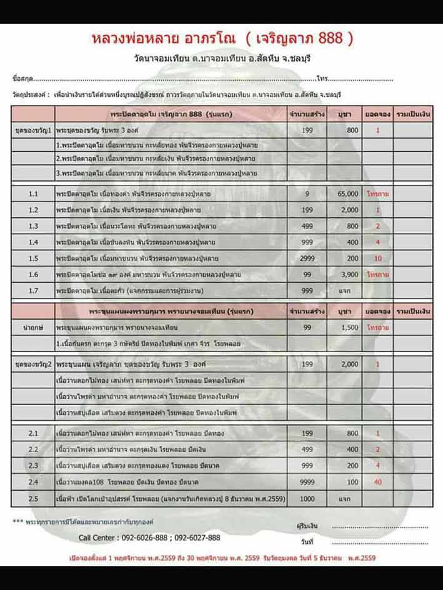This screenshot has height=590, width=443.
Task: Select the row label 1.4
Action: (x=33, y=242)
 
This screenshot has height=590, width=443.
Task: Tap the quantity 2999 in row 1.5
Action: (x=307, y=258)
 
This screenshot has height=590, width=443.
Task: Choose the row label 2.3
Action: (x=33, y=465)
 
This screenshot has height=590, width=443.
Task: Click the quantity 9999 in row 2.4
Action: (x=307, y=481)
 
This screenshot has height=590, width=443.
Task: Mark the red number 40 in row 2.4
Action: (x=377, y=481)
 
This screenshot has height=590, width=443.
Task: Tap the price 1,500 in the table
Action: (x=349, y=327)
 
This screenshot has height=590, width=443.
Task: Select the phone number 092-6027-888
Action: (x=196, y=538)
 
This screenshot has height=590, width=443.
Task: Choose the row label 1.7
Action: (x=33, y=290)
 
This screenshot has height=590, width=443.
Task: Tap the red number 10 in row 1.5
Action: (x=377, y=258)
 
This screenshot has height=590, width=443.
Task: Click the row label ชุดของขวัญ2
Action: (x=33, y=363)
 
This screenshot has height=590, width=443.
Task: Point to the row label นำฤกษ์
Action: (x=33, y=327)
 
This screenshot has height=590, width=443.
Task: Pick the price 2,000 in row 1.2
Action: (x=349, y=210)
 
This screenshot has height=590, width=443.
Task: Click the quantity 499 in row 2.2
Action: (x=307, y=449)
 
